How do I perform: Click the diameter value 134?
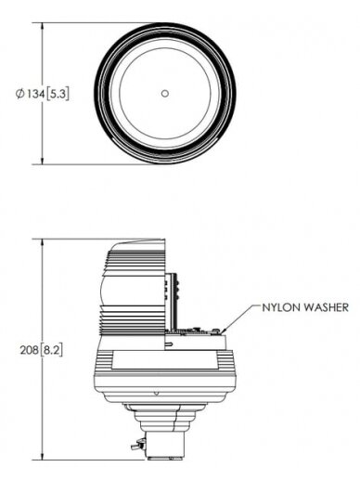point(35,94)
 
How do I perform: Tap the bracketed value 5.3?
point(58,94)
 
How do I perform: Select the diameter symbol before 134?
point(20,94)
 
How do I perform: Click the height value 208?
point(30,350)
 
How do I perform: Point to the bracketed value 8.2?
point(51,350)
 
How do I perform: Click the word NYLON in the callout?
point(281,307)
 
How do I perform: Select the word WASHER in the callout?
point(326,307)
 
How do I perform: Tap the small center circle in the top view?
point(165,93)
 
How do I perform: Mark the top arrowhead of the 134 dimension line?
point(43,26)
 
